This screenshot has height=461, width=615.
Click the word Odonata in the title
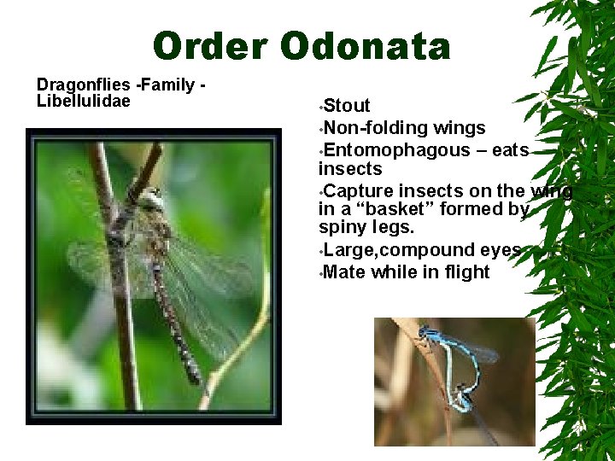[x=365, y=47]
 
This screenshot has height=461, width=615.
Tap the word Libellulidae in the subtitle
[x=83, y=102]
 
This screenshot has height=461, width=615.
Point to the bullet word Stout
[x=347, y=106]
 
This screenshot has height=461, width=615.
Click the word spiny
[x=338, y=229]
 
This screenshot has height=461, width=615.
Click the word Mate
[x=343, y=272]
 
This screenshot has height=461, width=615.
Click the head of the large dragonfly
[x=152, y=200]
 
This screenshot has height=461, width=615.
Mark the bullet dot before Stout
[x=320, y=108]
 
